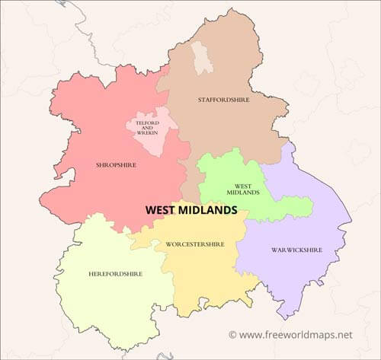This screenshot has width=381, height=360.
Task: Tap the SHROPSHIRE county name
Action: pos(116,164)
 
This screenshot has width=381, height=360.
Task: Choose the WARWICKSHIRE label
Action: pos(297,250)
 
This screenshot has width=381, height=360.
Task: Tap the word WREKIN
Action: pos(148,134)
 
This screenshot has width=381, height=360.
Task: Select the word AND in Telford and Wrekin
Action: pos(148,128)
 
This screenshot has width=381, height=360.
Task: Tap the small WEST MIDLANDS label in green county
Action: pos(243,189)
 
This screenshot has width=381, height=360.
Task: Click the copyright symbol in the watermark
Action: pos(232,334)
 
